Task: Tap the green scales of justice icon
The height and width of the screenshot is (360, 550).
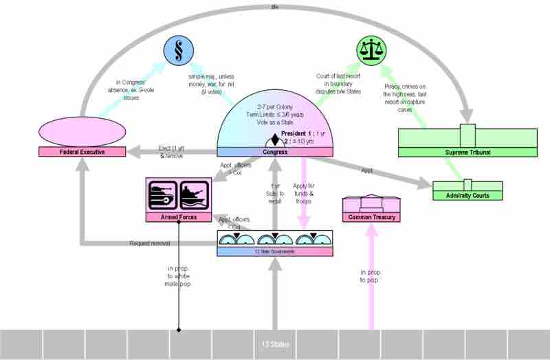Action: pos(372,50)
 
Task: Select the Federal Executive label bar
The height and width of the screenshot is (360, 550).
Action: pos(81,151)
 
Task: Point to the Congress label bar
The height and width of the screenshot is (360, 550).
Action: pos(275,151)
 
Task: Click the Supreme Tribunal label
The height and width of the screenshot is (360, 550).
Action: pos(467,151)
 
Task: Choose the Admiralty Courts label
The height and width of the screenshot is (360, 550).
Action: pos(467,196)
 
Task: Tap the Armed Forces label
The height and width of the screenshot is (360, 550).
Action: pos(179,217)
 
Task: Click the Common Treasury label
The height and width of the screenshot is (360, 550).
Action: pos(372,217)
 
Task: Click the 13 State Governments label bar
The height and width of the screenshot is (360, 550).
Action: pos(275,251)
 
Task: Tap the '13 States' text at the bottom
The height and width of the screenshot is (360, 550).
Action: pos(275,344)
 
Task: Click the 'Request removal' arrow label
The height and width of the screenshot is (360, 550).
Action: pos(149,243)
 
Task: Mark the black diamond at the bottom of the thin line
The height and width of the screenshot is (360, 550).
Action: pos(179,331)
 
